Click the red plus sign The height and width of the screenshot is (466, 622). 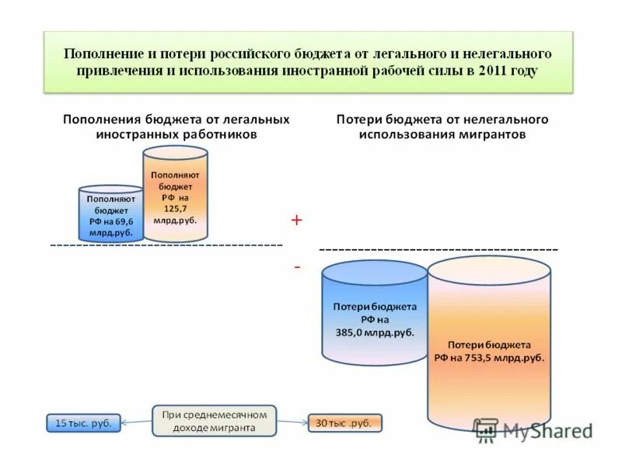pos(296,221)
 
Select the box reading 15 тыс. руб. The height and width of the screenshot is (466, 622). pos(83,423)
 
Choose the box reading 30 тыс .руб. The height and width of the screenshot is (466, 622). pos(344,423)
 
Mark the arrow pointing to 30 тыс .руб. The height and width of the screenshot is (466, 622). pos(292,423)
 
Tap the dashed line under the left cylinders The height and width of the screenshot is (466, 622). pos(166,245)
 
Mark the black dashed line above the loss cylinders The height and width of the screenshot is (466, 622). pos(439,249)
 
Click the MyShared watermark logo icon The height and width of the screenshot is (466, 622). pos(487,429)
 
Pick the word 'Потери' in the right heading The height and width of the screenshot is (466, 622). pos(358,120)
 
